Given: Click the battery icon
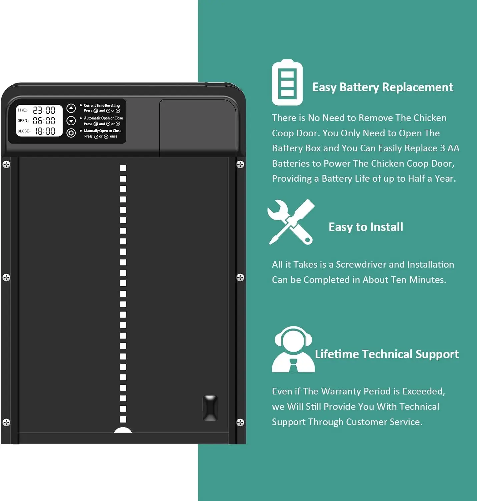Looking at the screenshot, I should (287, 82).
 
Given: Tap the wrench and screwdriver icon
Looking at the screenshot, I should (291, 222).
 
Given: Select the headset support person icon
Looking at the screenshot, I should (293, 349).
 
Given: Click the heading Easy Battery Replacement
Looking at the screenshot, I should (382, 87).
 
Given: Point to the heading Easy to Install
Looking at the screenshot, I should (366, 227).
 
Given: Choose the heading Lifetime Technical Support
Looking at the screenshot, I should (387, 354).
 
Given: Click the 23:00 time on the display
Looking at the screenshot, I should (44, 110).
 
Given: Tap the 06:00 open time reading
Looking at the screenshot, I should (44, 121).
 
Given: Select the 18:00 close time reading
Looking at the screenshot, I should (45, 131).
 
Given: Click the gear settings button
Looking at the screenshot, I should (71, 133).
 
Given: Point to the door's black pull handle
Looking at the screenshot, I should (210, 408).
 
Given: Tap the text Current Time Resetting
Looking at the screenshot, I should (102, 105).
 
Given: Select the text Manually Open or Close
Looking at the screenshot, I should (103, 131).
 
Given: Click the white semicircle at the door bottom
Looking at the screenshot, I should (123, 430).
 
